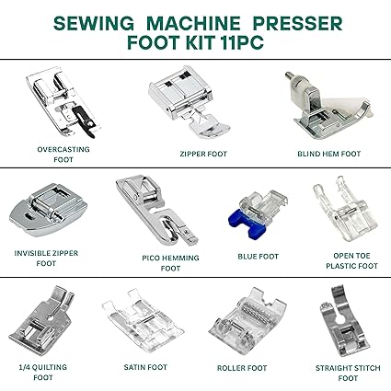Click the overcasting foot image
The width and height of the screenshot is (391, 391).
(63, 101)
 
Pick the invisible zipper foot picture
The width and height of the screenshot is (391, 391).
(49, 210)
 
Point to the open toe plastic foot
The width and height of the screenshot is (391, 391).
(346, 210)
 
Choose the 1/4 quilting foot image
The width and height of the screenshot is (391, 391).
(43, 322)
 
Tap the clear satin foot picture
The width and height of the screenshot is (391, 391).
(143, 325)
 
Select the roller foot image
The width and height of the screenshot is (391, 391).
(247, 322)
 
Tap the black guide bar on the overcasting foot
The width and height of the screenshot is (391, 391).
(84, 121)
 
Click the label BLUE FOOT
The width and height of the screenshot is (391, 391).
(259, 257)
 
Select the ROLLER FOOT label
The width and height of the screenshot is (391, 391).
(242, 368)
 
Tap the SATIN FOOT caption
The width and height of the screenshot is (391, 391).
(145, 367)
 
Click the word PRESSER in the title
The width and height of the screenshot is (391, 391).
(297, 23)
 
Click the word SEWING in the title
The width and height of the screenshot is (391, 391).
(94, 23)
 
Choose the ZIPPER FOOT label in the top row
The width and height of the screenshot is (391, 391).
(203, 154)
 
